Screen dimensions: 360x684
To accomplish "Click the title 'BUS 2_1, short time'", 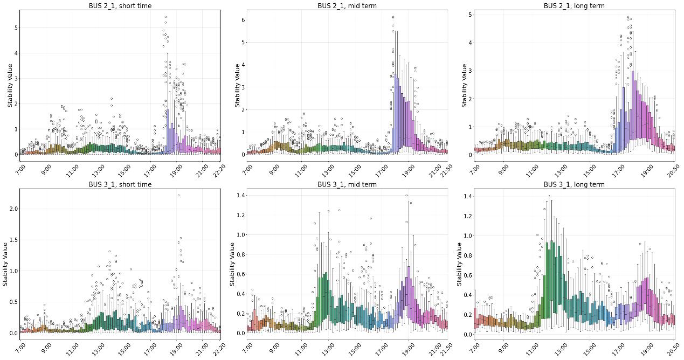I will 120,5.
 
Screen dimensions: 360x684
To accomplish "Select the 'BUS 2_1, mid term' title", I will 347,5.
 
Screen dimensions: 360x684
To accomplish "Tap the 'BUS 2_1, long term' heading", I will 574,5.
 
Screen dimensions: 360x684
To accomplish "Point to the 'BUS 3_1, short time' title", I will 120,184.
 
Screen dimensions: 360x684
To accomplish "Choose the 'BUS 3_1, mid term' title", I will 347,184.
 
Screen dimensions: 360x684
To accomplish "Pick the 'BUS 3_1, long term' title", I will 574,184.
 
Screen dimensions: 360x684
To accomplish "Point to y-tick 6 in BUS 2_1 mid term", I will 243,19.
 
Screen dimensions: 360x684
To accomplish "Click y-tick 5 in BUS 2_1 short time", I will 16,27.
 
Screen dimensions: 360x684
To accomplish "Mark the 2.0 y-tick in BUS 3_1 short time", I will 13,209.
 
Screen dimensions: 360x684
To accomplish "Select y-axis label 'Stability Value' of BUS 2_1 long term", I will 464,85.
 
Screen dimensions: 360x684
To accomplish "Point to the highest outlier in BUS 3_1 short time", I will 178,195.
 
